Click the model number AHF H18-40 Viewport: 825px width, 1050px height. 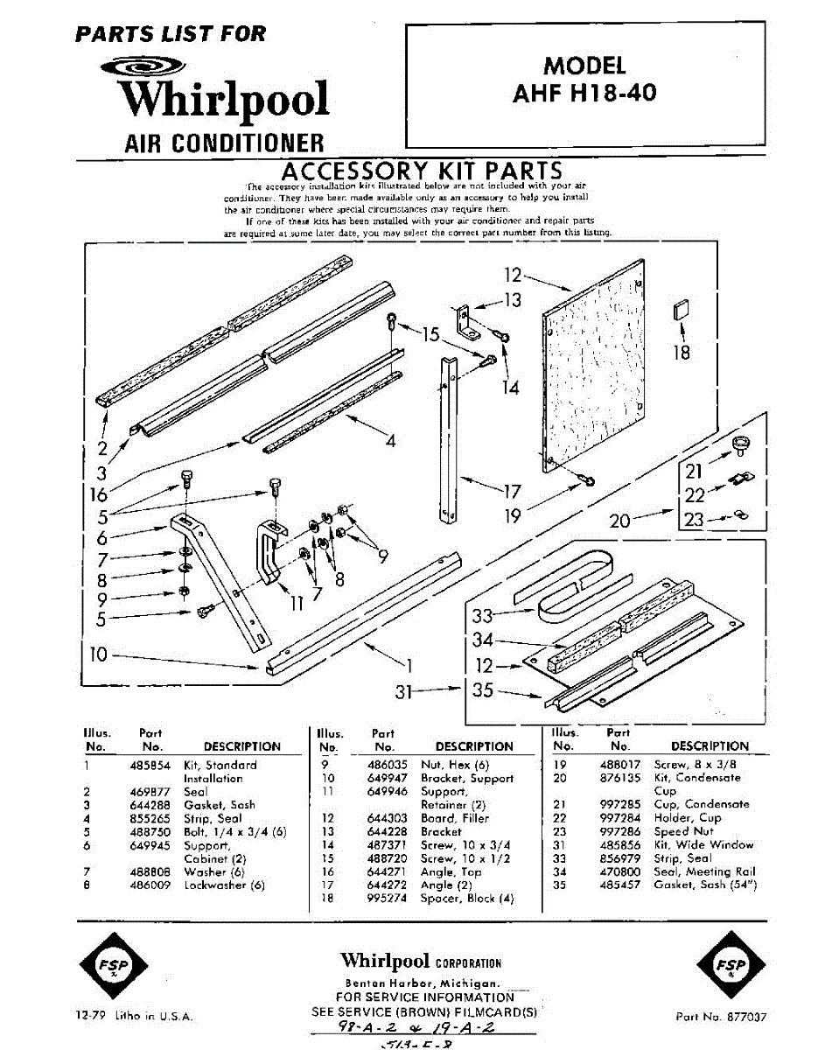coord(584,92)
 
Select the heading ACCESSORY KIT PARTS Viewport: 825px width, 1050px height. coord(421,170)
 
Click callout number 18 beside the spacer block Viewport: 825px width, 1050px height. coord(682,352)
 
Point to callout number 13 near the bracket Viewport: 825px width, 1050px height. coord(512,300)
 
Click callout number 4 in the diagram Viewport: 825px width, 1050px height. coord(390,441)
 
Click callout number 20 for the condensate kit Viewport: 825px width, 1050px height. coord(619,521)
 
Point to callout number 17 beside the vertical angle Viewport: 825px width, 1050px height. coord(512,491)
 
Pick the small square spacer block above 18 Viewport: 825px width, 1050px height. coord(682,312)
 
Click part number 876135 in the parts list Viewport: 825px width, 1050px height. coord(620,777)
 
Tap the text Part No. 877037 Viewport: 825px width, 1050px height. coord(722,1017)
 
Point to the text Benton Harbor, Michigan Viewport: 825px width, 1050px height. coord(421,983)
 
